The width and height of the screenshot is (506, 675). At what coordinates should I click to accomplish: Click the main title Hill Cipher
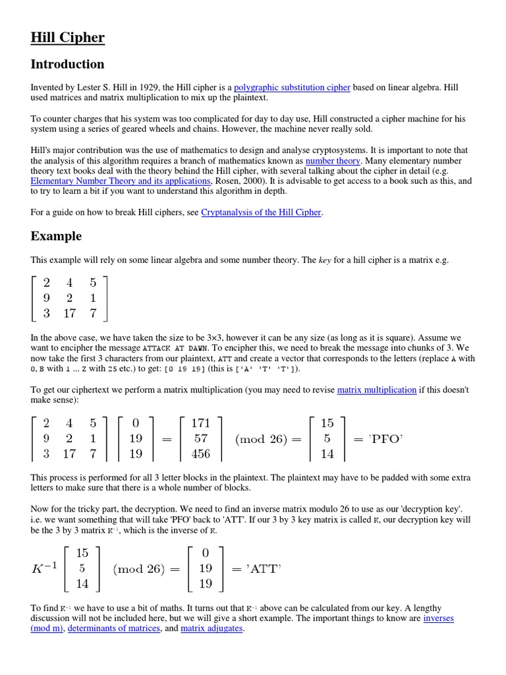point(67,38)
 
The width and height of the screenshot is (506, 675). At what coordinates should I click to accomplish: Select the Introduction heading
point(67,65)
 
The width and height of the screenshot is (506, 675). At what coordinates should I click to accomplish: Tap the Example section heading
point(56,236)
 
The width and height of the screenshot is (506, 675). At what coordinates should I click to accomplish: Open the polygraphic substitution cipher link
point(292,88)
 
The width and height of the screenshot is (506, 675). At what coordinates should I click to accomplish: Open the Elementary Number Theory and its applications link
point(121,181)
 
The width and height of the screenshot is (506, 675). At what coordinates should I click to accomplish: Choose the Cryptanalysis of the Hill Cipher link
point(261,212)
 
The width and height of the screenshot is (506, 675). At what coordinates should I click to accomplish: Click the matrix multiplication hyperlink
point(376,390)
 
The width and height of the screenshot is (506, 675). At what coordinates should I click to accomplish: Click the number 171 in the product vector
point(200,423)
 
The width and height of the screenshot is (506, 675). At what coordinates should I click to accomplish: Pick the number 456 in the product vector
point(200,454)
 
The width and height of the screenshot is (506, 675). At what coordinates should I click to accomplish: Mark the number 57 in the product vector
point(200,438)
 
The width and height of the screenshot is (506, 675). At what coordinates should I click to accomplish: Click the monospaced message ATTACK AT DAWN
point(175,348)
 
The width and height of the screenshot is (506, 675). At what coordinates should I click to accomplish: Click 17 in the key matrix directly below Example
point(69,313)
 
